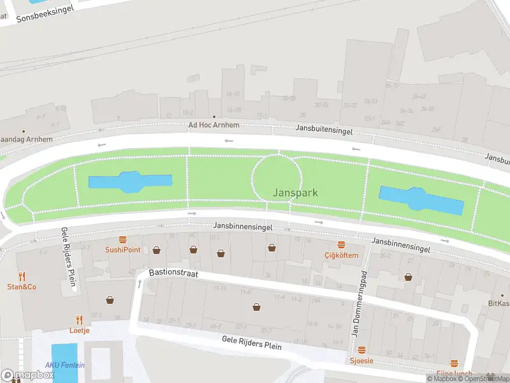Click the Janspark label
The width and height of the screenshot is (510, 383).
[x=295, y=192]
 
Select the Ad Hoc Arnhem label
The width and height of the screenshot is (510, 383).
[x=214, y=125]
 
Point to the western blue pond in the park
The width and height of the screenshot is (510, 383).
[x=130, y=182]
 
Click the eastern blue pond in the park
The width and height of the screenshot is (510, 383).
[x=421, y=200]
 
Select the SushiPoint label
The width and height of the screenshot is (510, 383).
[x=122, y=250]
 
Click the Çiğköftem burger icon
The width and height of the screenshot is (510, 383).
[x=341, y=245]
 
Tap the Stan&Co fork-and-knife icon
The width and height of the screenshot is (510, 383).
[x=22, y=276]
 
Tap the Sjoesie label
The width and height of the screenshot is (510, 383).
[x=361, y=361]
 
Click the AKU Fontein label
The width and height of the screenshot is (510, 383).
[x=64, y=365]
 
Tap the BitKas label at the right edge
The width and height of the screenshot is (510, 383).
[x=499, y=303]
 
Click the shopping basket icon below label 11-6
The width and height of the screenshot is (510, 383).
[x=257, y=306]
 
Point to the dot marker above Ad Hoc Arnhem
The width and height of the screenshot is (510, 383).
[x=204, y=117]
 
